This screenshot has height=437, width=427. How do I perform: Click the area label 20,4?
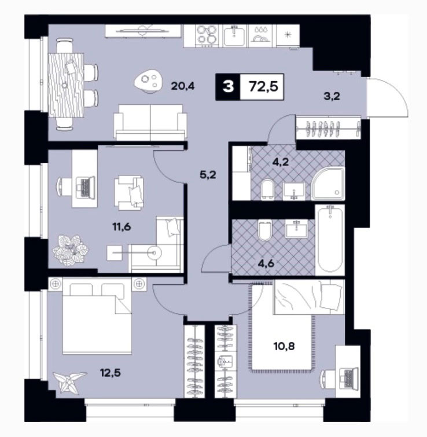pos(183,86)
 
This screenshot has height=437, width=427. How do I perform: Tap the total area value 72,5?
pos(263,86)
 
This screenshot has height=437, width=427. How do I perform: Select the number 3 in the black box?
pos(228,87)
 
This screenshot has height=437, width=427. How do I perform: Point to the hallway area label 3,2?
pos(332,97)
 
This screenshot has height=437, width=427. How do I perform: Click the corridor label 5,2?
pos(208,175)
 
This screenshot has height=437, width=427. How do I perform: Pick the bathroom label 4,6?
pos(266,263)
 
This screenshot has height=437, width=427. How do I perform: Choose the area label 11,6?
pos(122,227)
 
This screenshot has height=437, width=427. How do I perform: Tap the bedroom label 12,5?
pos(111,372)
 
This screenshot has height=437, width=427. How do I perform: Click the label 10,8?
pos(284,347)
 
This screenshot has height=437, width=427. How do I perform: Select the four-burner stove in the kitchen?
pos(206,35)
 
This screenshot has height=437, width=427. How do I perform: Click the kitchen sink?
pos(234,35)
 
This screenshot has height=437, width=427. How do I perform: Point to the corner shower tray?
pos(328,183)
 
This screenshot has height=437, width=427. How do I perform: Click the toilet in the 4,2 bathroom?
pos(267,189)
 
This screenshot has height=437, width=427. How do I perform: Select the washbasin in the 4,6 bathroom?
pos(296,229)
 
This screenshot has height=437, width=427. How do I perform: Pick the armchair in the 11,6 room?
pos(128,192)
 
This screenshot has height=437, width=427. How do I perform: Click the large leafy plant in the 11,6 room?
pos(70,251)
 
